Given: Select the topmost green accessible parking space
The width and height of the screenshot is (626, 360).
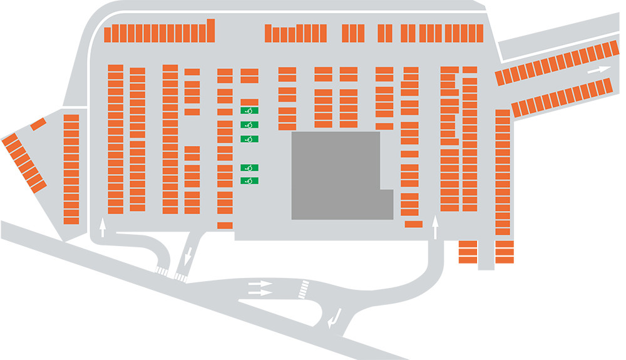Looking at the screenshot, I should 249,111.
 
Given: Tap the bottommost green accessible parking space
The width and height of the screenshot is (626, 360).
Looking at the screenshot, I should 249,181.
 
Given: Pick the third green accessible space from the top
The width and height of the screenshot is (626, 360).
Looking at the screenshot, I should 249,138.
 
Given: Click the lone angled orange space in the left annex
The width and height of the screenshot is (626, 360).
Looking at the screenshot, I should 38,124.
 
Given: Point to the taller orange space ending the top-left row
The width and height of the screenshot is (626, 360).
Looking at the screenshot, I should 211,31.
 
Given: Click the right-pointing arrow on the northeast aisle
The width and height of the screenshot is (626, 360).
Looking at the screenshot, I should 599,70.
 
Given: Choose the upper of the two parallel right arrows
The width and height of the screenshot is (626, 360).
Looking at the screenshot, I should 260,285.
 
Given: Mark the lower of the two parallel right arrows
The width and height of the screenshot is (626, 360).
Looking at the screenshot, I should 260,292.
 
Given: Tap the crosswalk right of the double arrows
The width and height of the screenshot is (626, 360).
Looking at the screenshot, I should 304,289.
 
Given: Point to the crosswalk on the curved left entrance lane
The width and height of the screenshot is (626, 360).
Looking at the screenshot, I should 162,271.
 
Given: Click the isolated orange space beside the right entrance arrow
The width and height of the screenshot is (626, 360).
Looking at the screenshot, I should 413,224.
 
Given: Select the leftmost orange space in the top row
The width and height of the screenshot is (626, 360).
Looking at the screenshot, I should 108,34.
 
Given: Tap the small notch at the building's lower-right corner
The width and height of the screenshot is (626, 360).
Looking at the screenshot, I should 386,204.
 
